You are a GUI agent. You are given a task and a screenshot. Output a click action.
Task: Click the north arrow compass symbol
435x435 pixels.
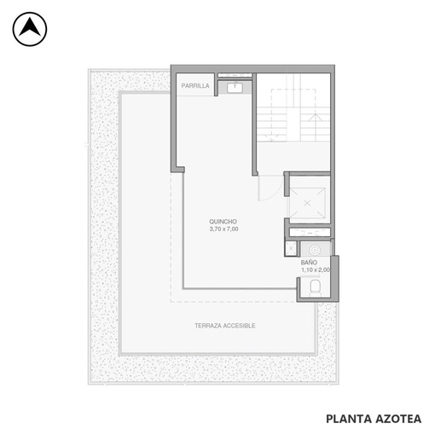(30, 29)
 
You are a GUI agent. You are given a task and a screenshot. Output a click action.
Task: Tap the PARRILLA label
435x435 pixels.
(195, 85)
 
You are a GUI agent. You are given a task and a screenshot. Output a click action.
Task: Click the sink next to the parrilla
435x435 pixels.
(235, 88)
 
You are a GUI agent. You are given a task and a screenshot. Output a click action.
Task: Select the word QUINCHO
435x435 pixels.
(223, 222)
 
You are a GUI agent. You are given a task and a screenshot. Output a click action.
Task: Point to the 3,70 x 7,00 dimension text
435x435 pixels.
(223, 229)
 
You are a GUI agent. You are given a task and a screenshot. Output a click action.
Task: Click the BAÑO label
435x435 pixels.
(309, 262)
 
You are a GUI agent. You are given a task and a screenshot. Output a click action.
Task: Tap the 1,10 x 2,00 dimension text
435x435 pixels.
(316, 270)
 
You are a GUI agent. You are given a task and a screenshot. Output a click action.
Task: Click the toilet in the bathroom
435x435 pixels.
(315, 287)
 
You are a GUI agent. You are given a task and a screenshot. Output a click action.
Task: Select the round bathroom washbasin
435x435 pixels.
(315, 251)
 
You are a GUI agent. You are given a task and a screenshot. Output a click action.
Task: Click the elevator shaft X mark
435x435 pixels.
(307, 203)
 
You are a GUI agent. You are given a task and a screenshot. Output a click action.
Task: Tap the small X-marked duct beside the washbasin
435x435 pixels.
(291, 248)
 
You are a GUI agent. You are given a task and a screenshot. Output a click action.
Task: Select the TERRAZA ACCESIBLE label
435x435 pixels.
(225, 326)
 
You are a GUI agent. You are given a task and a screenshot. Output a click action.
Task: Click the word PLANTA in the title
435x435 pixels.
(349, 419)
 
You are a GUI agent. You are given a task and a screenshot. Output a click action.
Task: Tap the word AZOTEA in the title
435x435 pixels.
(398, 419)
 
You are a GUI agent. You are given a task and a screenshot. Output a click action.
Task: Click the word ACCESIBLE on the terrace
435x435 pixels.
(240, 326)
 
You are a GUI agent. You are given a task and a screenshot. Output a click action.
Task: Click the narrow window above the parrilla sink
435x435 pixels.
(235, 75)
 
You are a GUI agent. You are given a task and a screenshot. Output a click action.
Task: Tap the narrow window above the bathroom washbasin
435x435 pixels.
(310, 232)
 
